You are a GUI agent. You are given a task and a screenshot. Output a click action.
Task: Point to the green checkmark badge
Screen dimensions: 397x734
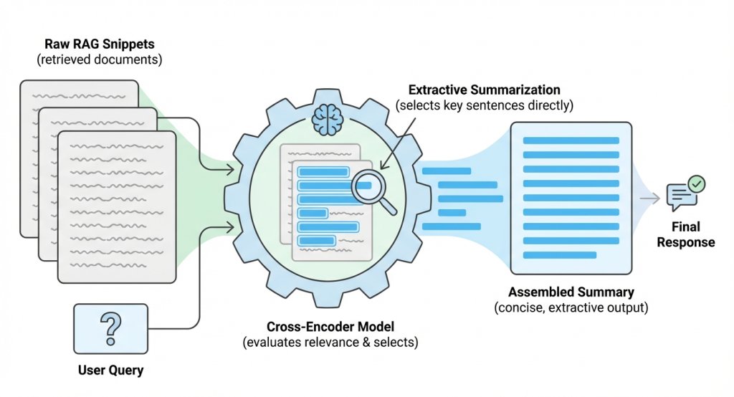[696, 184]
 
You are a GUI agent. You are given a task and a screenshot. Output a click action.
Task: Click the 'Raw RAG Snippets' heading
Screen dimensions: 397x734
[100, 43]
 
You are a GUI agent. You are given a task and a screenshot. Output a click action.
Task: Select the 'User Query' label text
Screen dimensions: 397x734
[110, 370]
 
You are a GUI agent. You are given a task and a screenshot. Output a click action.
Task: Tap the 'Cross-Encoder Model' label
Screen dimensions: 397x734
[329, 327]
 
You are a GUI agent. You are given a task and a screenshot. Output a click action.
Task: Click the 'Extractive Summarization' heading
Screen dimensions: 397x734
[484, 90]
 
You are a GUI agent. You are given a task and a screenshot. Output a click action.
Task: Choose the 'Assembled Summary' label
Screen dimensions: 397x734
[571, 292]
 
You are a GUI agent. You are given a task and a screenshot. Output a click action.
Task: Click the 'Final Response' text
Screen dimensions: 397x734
[686, 234]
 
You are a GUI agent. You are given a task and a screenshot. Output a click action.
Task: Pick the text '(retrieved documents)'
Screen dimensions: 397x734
[100, 59]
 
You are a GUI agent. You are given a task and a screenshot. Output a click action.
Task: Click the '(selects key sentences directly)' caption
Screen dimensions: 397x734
[484, 106]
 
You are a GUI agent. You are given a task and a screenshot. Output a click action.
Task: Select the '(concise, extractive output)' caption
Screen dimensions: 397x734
[571, 308]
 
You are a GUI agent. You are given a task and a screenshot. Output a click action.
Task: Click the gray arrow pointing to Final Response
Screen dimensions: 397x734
[649, 198]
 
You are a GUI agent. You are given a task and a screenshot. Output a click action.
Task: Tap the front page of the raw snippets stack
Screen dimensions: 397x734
[116, 204]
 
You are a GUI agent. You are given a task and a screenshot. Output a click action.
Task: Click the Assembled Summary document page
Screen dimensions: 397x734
[571, 196]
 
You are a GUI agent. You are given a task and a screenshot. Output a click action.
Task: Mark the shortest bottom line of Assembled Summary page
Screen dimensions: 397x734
[559, 255]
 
